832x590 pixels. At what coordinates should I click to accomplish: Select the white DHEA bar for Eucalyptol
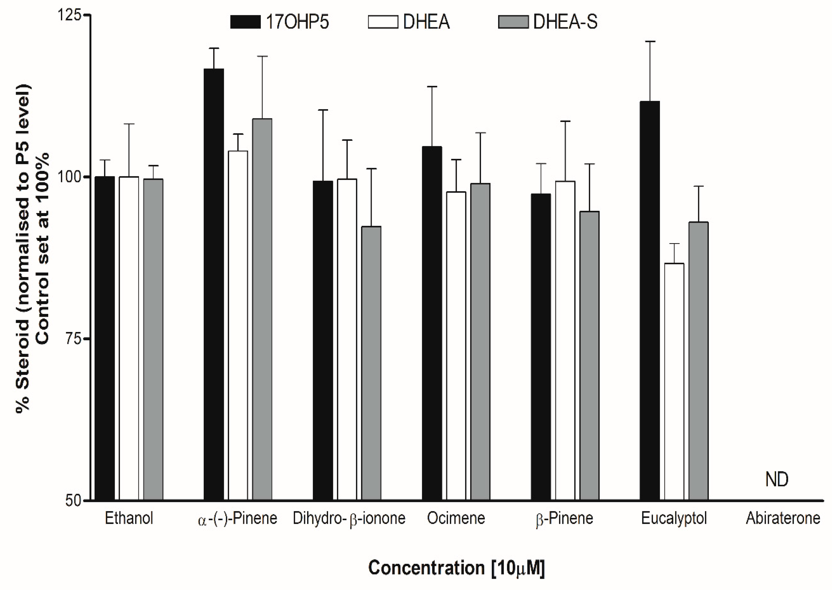674,381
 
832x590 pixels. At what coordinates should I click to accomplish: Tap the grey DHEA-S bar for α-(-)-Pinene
262,309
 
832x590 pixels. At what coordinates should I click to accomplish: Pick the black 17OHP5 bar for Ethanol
105,338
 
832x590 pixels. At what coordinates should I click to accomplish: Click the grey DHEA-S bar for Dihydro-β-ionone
371,363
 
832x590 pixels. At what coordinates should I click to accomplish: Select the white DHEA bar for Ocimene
456,345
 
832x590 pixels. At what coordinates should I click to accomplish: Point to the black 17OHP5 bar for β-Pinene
541,347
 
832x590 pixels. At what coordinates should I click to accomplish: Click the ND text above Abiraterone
777,480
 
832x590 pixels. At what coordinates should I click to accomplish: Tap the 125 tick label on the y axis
69,15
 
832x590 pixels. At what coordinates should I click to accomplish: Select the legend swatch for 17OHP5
245,22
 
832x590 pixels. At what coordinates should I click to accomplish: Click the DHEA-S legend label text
565,22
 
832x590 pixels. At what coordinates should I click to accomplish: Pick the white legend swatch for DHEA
383,22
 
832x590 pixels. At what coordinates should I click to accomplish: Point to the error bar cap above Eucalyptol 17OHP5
650,42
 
